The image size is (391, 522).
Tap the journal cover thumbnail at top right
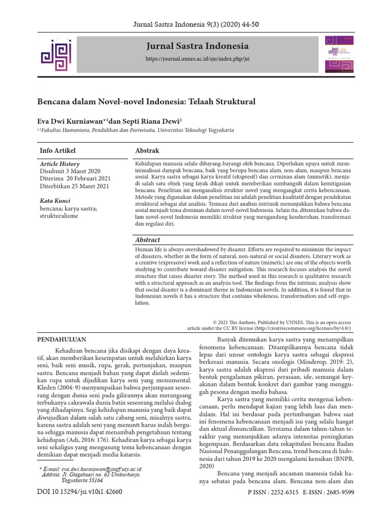click(x=338, y=55)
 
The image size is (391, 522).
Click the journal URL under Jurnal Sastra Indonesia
click(x=198, y=59)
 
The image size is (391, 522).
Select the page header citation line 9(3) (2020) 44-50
click(x=195, y=23)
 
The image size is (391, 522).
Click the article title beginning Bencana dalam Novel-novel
click(x=146, y=101)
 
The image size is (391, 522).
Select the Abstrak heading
click(x=147, y=151)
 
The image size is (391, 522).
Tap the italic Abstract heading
click(x=148, y=240)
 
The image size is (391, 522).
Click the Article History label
click(x=60, y=164)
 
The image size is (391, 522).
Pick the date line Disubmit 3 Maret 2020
click(x=70, y=172)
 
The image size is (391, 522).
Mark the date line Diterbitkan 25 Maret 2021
click(x=74, y=187)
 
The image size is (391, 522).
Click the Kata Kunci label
click(x=55, y=201)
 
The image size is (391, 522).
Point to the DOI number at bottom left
click(x=80, y=492)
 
